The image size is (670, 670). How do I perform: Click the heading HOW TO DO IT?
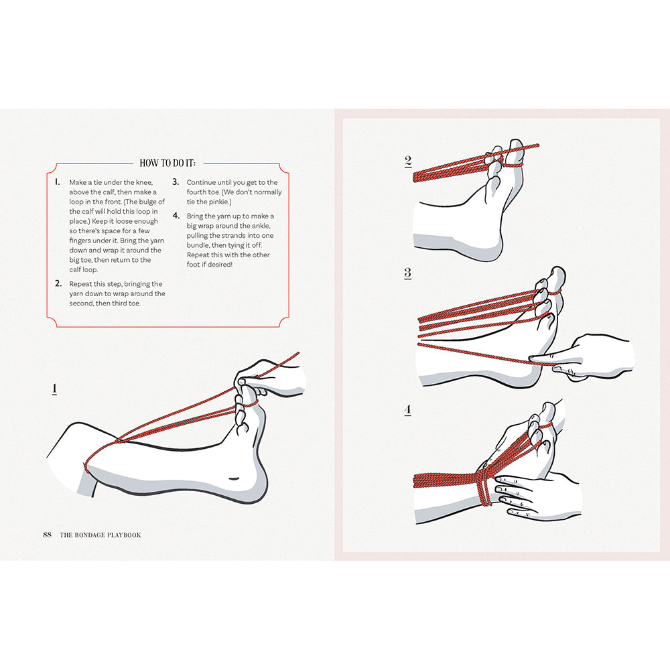tap(171, 163)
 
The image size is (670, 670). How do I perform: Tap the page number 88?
tap(47, 535)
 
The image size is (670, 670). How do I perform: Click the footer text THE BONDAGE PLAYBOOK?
tap(100, 535)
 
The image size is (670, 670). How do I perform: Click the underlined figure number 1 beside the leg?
tap(54, 389)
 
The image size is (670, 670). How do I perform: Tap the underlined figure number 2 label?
tap(408, 161)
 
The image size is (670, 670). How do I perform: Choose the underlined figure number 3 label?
tap(407, 273)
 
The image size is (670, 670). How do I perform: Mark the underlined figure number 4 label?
tap(407, 409)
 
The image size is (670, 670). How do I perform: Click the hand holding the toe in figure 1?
tap(275, 379)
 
